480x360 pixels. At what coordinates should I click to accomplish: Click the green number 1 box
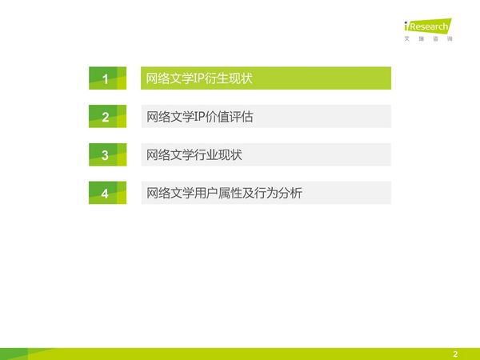click(107, 78)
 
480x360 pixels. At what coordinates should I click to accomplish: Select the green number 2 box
click(107, 116)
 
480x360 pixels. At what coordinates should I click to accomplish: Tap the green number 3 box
click(107, 154)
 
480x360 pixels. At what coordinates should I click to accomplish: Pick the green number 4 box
click(107, 193)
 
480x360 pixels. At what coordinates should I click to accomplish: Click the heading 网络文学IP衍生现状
click(199, 78)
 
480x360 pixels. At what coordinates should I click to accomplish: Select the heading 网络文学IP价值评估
click(199, 117)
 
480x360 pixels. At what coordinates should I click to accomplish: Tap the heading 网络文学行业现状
click(194, 155)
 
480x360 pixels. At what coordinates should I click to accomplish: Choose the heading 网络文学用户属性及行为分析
click(224, 193)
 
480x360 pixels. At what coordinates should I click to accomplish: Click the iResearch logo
click(428, 26)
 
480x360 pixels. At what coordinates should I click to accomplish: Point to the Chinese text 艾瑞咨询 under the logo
click(428, 38)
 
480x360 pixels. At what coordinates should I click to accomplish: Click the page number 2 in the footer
click(455, 354)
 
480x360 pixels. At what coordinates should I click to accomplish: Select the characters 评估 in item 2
click(242, 117)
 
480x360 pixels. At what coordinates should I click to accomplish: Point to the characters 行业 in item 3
click(206, 155)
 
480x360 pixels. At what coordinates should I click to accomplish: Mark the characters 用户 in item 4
click(206, 193)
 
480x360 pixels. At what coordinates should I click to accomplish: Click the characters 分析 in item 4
click(290, 193)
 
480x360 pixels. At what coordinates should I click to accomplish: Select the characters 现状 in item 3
click(230, 155)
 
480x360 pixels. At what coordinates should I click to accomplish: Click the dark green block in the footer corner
click(14, 354)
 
